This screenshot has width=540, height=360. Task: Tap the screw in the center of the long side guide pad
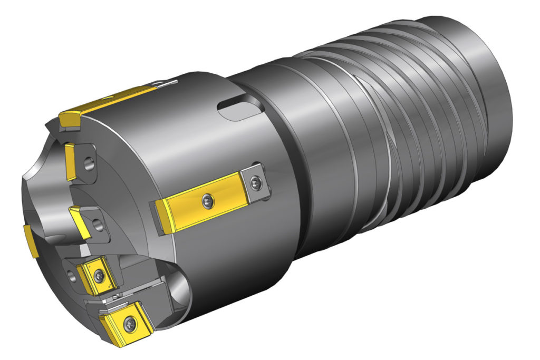click(x=207, y=199)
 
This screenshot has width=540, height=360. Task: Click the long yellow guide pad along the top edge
click(x=108, y=105)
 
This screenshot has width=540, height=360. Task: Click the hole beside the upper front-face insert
click(x=90, y=164)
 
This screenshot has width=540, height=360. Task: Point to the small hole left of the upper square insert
click(x=71, y=273)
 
